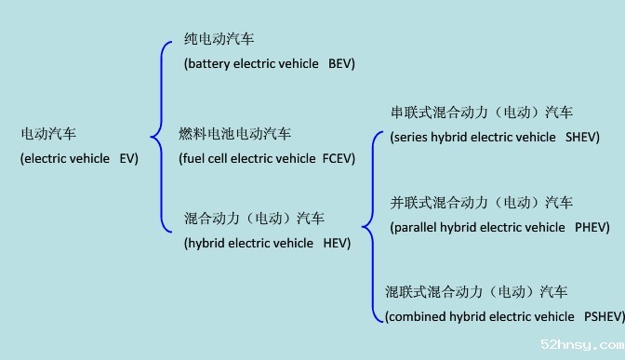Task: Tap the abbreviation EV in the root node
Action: coord(128,158)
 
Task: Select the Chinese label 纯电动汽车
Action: coord(219,39)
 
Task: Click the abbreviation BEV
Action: coord(342,63)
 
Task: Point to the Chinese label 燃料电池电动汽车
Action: coord(234,134)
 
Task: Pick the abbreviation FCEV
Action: coord(339,158)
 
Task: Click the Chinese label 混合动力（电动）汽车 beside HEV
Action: coord(254,220)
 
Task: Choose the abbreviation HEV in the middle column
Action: coord(337,244)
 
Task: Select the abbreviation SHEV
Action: coord(582,137)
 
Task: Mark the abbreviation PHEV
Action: coord(592,227)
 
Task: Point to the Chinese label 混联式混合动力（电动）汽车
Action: coord(476,292)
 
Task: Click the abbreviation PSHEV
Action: coord(603,316)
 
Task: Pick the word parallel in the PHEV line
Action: coord(418,227)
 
